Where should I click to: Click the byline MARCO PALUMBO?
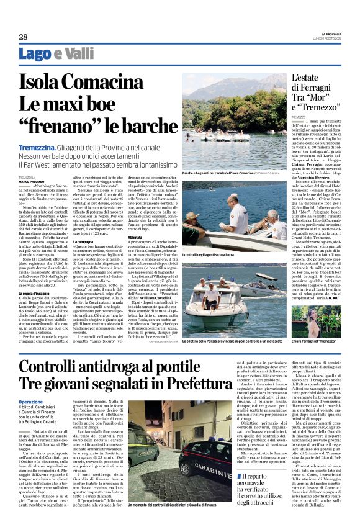pyautogui.click(x=31, y=181)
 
